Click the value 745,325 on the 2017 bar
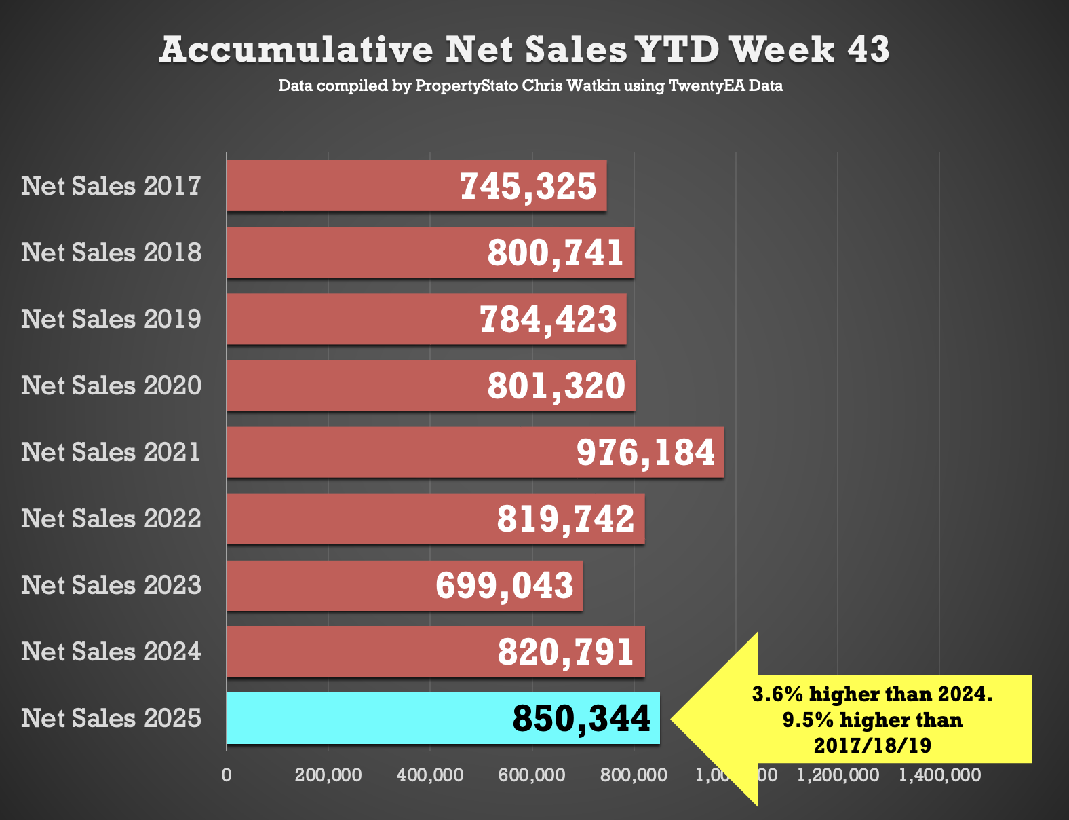pos(528,187)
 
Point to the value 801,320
pos(556,386)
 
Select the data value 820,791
pos(566,652)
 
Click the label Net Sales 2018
pos(111,253)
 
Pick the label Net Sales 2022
pos(111,519)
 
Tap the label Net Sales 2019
pos(111,319)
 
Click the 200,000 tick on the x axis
pos(328,775)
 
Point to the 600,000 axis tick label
pos(532,775)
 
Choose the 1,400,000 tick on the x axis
pos(939,775)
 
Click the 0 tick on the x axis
pos(227,775)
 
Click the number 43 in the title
pos(868,50)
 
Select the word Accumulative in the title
pos(296,50)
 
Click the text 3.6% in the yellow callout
pos(777,694)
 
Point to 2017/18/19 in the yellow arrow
pos(872,745)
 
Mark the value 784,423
pos(548,320)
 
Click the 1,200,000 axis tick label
pos(838,775)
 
